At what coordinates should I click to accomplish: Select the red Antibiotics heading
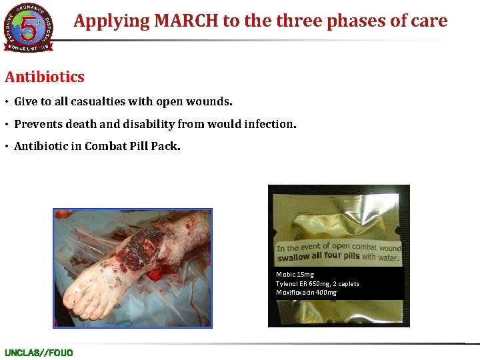(x=45, y=77)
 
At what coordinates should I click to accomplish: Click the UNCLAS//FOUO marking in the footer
(x=39, y=353)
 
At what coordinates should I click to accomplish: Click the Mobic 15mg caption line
(x=295, y=275)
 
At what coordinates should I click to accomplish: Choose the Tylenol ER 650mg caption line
(x=317, y=284)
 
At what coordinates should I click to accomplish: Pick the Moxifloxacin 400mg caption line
(x=306, y=293)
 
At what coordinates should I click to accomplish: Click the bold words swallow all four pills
(x=318, y=257)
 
